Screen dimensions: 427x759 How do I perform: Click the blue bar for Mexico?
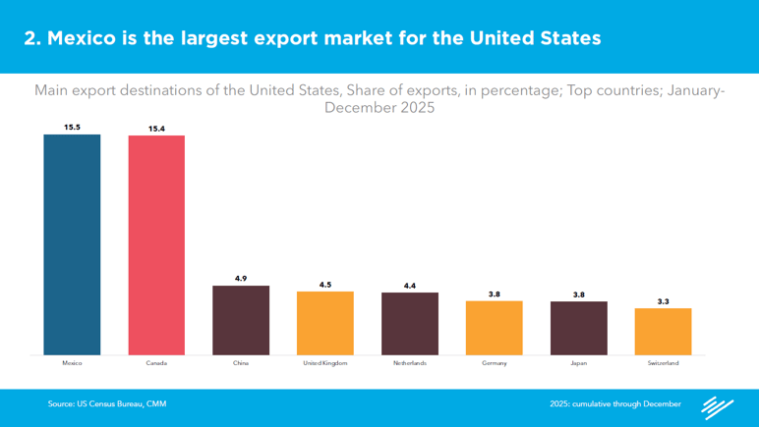point(72,244)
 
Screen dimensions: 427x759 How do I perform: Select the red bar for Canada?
point(156,245)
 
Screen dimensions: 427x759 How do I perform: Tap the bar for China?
point(241,320)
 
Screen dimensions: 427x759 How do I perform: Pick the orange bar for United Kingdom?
point(325,323)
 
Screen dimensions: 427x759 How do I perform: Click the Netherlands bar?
point(410,324)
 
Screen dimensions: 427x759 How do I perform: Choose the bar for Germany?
point(495,328)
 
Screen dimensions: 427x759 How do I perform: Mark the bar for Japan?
point(579,328)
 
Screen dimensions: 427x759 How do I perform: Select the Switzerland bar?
point(664,332)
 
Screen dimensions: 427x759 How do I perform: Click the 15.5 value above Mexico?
point(72,127)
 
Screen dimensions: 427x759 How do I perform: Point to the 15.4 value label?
point(156,129)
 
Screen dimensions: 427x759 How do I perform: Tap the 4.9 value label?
point(241,279)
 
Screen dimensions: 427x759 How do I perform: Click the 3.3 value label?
point(664,301)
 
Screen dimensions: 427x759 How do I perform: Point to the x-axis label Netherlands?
point(410,363)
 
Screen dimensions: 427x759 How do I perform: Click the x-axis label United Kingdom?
point(325,363)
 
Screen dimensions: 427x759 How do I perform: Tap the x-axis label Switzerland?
point(664,363)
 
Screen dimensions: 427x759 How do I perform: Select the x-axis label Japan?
point(579,363)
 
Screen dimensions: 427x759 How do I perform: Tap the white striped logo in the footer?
point(717,406)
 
